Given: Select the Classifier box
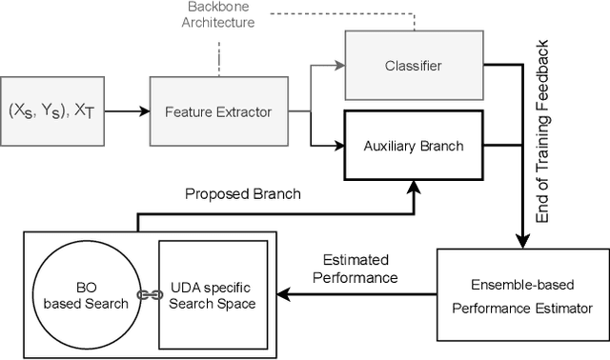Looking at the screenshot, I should pyautogui.click(x=413, y=65).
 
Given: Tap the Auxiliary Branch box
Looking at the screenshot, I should pyautogui.click(x=413, y=146).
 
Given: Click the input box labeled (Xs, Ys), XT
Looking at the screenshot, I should pyautogui.click(x=52, y=111).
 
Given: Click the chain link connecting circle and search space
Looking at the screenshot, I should pyautogui.click(x=148, y=295).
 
